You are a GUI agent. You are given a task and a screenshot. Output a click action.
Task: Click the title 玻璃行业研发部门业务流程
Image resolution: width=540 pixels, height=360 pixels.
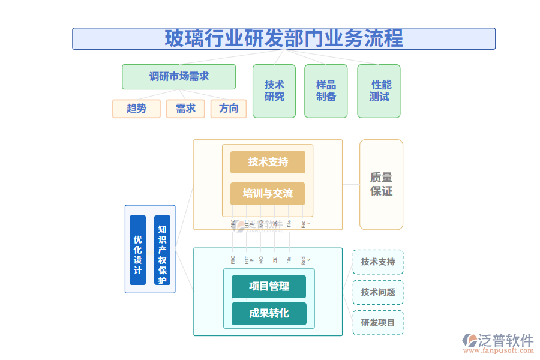tap(284, 38)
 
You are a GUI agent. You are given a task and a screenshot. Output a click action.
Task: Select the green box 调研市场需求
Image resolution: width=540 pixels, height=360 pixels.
tap(179, 77)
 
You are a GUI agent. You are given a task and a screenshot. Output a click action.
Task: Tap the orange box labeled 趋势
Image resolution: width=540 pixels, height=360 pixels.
tap(136, 109)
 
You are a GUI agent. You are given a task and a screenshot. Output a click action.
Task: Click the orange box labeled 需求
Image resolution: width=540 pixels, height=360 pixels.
tap(185, 109)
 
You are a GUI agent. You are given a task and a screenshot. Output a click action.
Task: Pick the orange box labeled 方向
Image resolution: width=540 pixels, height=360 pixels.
tap(229, 109)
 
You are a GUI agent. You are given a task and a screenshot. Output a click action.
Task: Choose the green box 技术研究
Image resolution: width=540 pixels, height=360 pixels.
tap(274, 91)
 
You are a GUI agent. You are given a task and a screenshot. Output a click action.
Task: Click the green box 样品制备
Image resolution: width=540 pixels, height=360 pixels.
tap(326, 91)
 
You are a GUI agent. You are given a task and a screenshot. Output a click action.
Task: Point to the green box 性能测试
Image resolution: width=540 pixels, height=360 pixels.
tap(379, 91)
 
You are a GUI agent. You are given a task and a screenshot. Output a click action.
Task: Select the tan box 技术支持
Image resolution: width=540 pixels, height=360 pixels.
tap(268, 162)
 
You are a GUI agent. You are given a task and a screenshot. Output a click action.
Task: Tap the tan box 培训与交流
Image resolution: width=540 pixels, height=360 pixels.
tap(268, 194)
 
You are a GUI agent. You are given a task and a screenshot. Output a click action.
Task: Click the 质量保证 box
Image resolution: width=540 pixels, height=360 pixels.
tap(381, 185)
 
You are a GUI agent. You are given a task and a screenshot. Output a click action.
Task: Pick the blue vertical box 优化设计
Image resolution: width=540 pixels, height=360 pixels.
tap(137, 250)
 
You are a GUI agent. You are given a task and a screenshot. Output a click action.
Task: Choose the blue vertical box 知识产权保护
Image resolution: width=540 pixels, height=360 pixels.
tap(162, 250)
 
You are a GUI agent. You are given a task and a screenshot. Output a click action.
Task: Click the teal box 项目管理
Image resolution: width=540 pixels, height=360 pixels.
tap(269, 287)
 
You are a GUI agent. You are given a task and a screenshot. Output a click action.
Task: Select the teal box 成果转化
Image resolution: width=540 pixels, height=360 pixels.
tap(269, 314)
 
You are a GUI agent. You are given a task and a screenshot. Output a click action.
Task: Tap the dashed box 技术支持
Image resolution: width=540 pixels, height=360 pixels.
tap(378, 262)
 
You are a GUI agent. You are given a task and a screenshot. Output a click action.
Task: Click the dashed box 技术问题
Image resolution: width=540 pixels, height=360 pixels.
tap(378, 292)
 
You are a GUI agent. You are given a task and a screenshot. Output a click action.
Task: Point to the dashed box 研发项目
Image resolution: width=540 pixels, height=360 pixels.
tap(378, 323)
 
